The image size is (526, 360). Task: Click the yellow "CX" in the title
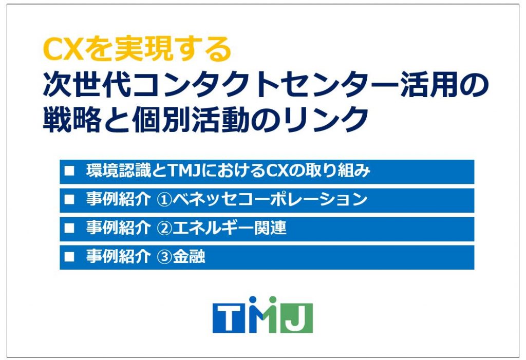pyautogui.click(x=63, y=50)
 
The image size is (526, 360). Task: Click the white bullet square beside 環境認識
pyautogui.click(x=69, y=171)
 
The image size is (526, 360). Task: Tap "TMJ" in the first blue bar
pyautogui.click(x=184, y=171)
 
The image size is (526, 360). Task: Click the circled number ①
pyautogui.click(x=164, y=200)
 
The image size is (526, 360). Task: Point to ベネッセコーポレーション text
pyautogui.click(x=270, y=200)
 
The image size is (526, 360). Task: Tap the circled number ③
pyautogui.click(x=164, y=257)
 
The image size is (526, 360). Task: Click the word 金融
pyautogui.click(x=189, y=257)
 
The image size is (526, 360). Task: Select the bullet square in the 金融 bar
pyautogui.click(x=69, y=257)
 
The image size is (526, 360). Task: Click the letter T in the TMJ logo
pyautogui.click(x=229, y=318)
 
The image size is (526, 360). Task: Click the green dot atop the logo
pyautogui.click(x=273, y=299)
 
